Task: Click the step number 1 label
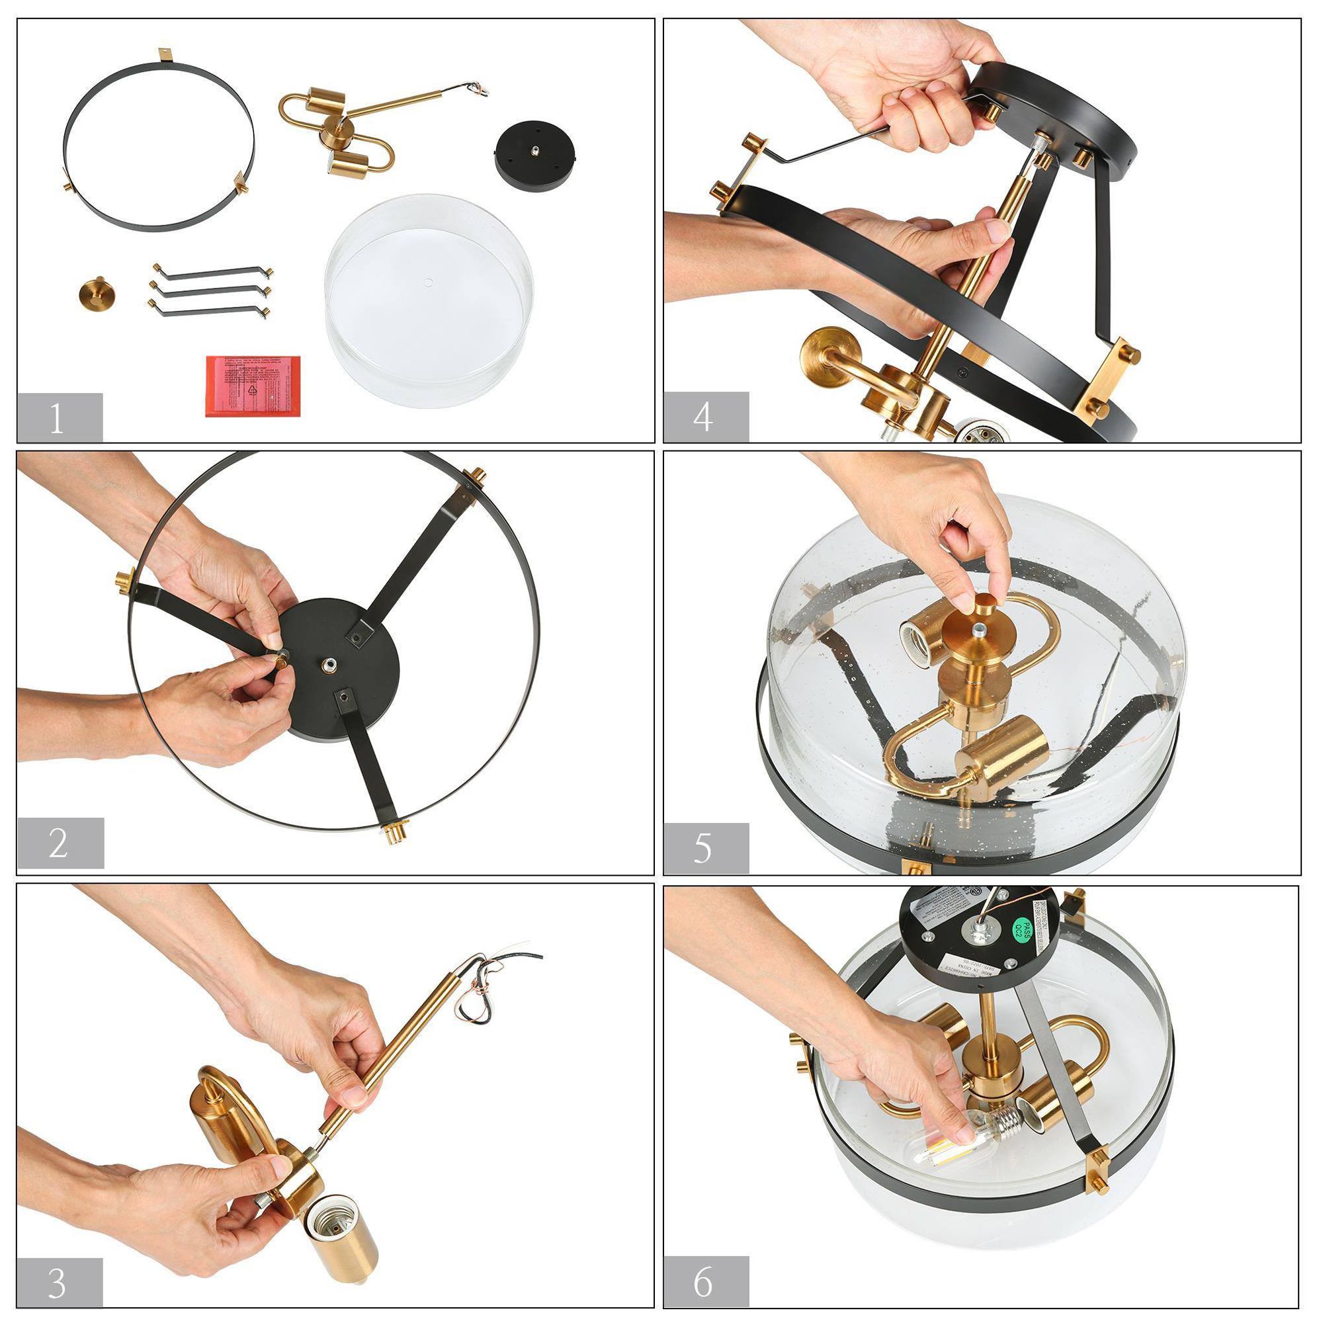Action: point(59,419)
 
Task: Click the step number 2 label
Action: point(60,843)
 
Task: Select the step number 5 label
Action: point(705,849)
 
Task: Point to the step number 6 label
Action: point(705,1280)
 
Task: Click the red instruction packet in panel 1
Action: point(254,384)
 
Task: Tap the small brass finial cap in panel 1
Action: point(95,292)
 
